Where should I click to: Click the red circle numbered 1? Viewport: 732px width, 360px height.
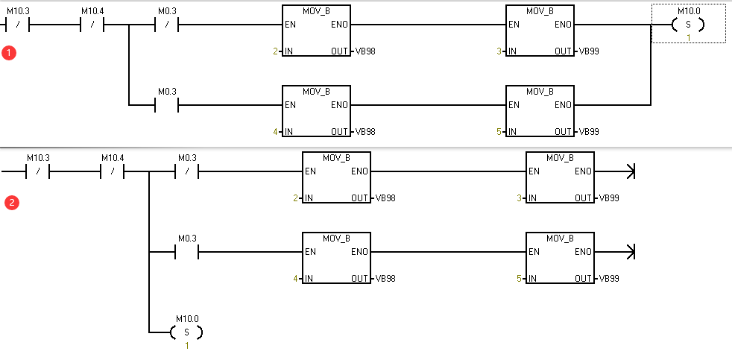[10, 54]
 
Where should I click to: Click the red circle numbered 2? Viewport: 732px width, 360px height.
[11, 202]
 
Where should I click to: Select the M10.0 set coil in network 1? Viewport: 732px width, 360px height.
[687, 25]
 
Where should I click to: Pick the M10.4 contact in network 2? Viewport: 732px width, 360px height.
[111, 171]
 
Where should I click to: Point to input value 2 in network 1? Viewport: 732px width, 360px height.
[275, 51]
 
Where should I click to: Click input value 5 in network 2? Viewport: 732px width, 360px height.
[520, 279]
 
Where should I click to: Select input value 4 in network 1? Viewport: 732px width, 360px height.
[275, 132]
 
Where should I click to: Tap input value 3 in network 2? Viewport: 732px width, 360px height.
[520, 198]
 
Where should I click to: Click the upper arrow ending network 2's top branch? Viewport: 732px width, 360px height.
[631, 171]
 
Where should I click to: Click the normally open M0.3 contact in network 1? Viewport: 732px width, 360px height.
[166, 105]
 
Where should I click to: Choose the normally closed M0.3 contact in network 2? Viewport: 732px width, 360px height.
[186, 171]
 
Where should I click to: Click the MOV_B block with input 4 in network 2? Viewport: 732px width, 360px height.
[336, 258]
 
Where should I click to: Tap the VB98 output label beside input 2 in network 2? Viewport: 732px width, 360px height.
[385, 198]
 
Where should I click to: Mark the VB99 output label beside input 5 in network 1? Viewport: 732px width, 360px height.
[589, 132]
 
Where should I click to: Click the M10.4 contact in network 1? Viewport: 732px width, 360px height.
[91, 25]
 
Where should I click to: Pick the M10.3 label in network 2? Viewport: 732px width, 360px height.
[38, 158]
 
